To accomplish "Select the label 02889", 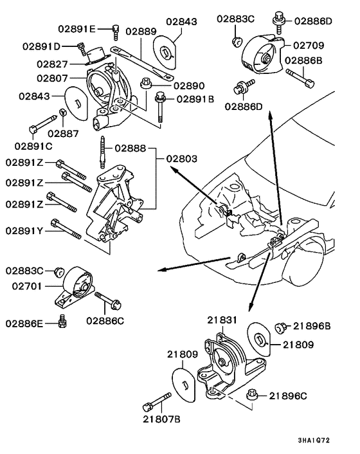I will (141, 30).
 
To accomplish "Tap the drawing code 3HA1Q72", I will (328, 440).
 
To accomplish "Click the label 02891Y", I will (24, 230).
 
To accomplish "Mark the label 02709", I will (309, 46).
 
